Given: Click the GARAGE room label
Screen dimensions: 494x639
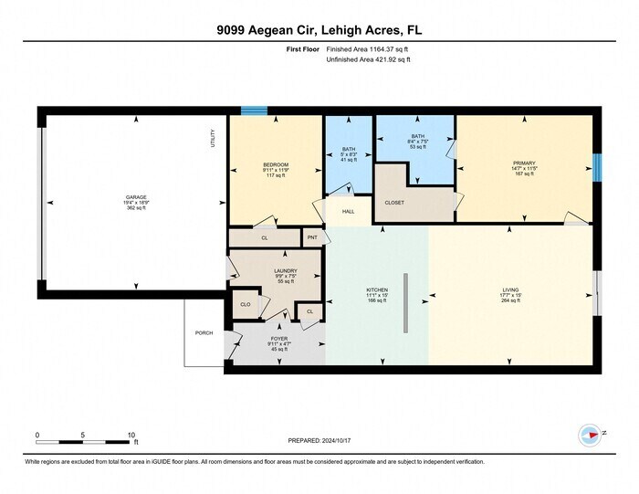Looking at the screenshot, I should point(136,197).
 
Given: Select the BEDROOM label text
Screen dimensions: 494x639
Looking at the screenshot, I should point(275,164).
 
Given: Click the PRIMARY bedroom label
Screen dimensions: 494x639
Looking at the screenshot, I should point(524,163).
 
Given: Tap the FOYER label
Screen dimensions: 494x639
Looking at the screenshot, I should point(279,337).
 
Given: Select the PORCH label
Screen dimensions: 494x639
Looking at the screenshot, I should point(204,333).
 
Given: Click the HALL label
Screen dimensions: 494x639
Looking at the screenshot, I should point(348,212).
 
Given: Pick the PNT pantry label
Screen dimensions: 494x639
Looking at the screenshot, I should point(311,236).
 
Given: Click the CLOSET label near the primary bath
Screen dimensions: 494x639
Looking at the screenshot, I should point(394,203).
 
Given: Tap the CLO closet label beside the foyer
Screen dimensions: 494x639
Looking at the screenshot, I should point(245,304).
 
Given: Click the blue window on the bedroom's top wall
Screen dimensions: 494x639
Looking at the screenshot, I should point(254,111).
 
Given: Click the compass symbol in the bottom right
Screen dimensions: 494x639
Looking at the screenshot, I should point(591,434).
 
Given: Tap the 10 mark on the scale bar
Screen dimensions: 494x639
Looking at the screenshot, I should point(131,435).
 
